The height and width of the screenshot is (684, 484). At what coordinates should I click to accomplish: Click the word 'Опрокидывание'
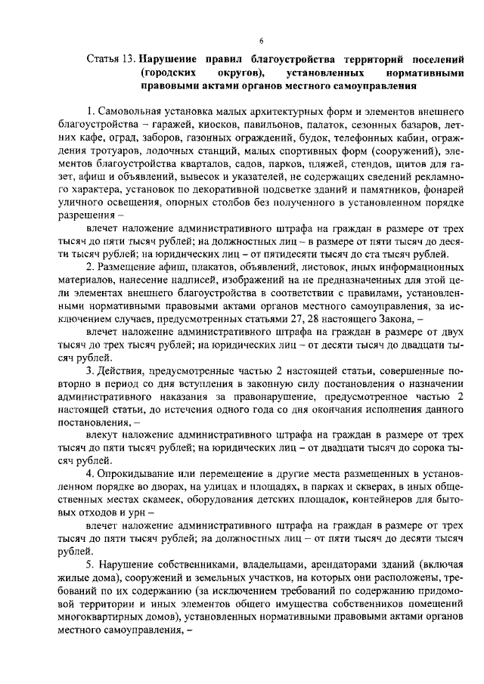(x=136, y=474)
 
